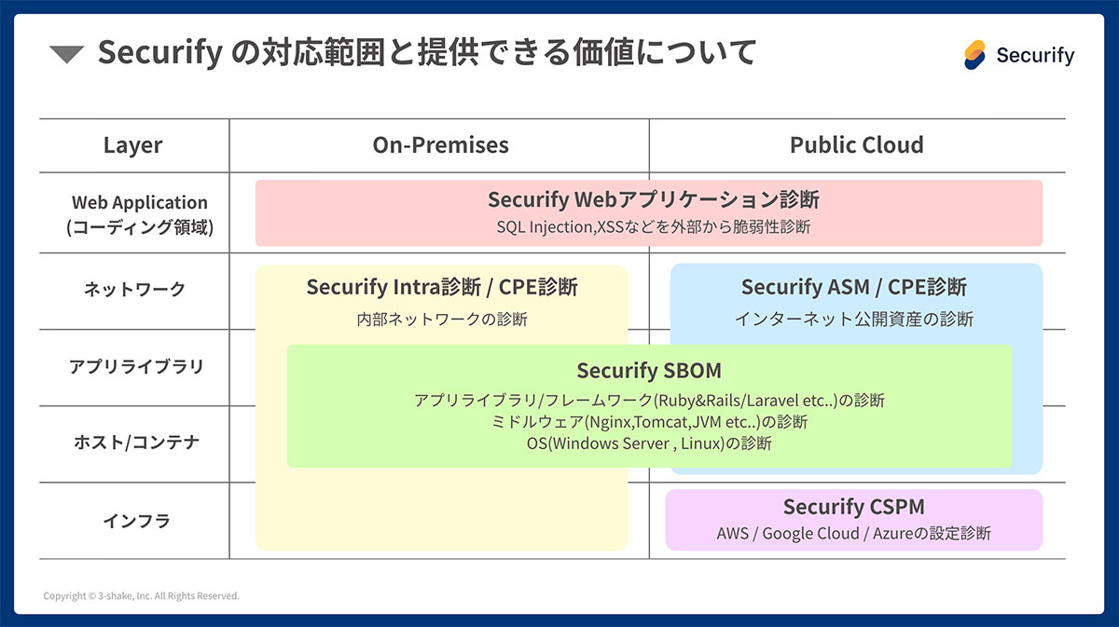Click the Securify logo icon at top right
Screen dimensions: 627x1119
(975, 55)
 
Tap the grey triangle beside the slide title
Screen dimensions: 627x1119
(67, 55)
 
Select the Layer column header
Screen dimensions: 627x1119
(132, 145)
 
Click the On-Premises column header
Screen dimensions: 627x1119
(440, 145)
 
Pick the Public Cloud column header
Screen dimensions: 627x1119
(856, 145)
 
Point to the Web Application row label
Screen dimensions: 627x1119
(140, 213)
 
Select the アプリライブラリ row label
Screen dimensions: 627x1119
(135, 366)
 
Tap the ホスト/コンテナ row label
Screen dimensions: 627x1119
(136, 443)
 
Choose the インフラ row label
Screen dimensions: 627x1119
(136, 521)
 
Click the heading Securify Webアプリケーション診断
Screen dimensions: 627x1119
(653, 199)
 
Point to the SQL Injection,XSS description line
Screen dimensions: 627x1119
(653, 226)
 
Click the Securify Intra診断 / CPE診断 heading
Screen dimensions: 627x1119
(442, 287)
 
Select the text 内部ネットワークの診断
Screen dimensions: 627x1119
(442, 319)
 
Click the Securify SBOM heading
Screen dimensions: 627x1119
(649, 371)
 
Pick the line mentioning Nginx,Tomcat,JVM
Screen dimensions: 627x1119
(649, 422)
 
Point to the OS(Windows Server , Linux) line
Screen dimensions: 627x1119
(649, 443)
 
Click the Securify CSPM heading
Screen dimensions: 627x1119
(853, 507)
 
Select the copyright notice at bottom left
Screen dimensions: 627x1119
(141, 596)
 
